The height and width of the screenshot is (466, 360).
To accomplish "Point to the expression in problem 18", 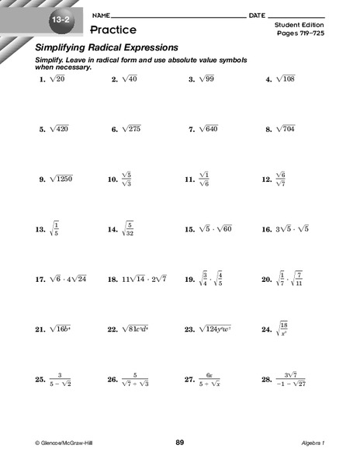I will pos(147,280).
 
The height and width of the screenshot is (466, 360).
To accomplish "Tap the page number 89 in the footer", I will pos(180,443).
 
